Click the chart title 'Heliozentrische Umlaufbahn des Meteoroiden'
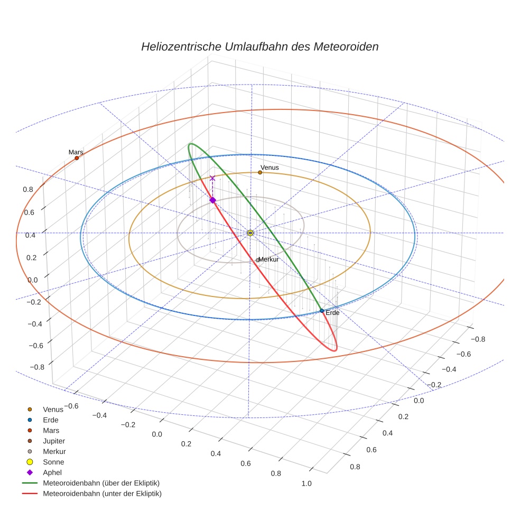click(259, 47)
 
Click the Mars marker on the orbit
click(77, 158)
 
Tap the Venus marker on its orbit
click(260, 172)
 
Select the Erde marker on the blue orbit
click(322, 311)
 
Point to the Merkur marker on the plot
click(257, 260)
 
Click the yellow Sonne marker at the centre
click(250, 233)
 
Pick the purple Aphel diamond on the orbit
click(212, 200)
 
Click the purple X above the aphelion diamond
click(212, 179)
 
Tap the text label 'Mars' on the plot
click(76, 152)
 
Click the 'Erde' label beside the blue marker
click(332, 313)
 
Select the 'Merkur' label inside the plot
click(268, 259)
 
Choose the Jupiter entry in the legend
click(54, 441)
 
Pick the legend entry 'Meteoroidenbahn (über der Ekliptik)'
click(101, 483)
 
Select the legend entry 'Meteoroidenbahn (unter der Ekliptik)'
click(102, 494)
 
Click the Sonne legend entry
click(53, 462)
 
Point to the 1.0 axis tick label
click(306, 484)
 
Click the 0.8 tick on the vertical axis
click(28, 189)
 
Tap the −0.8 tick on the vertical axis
click(36, 367)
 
